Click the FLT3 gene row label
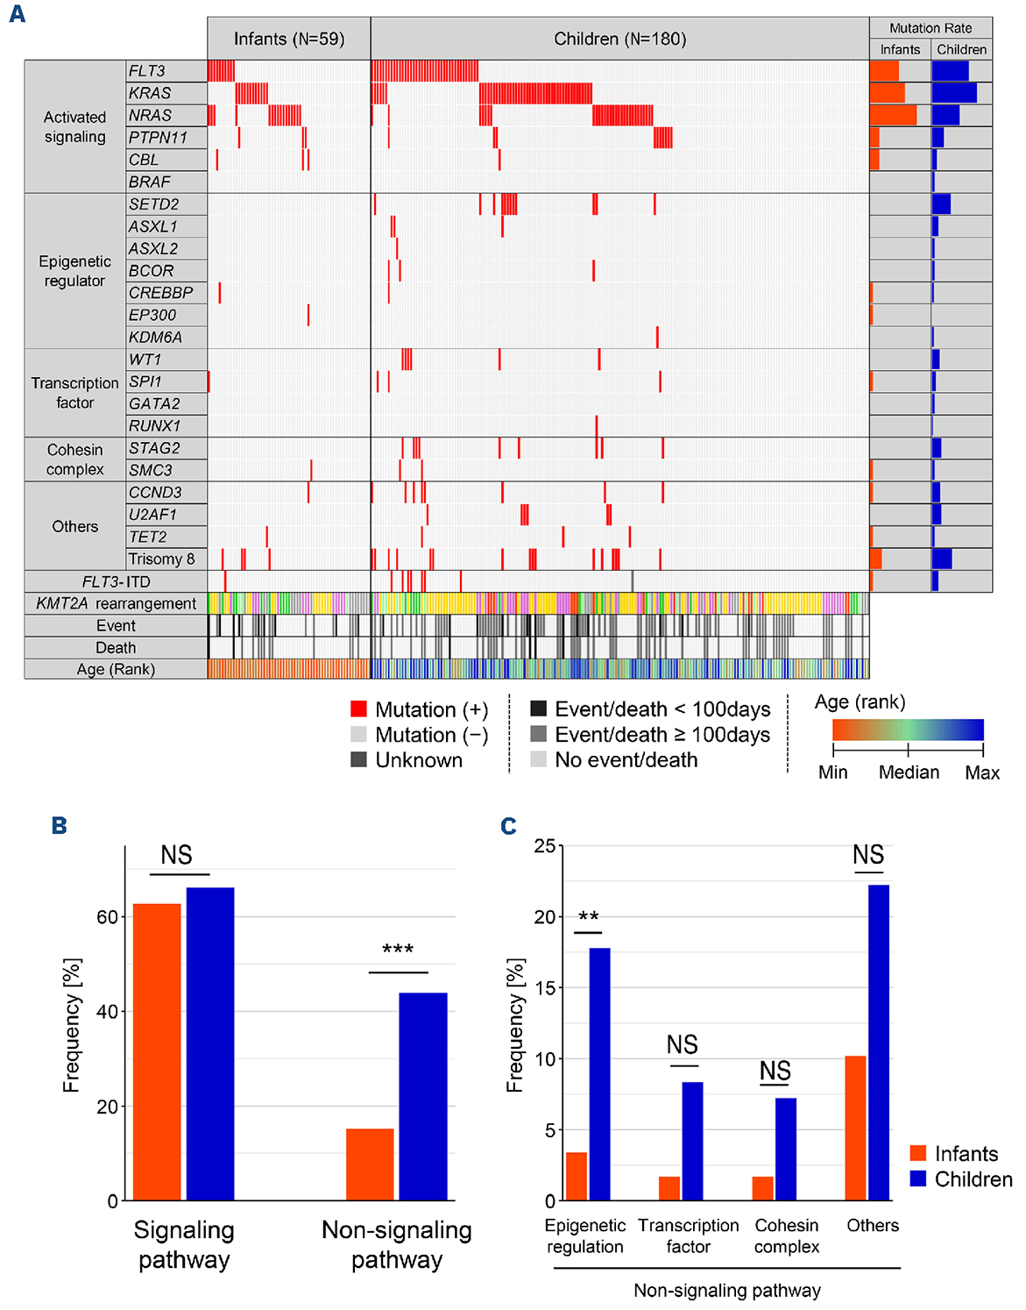coord(147,71)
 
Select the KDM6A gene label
coord(155,337)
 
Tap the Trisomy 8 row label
coord(162,559)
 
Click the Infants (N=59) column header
coord(289,39)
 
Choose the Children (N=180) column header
coord(619,39)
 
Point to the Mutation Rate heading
coord(930,28)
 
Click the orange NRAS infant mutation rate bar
coord(893,115)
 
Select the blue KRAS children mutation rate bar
coord(954,93)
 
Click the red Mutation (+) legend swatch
coord(358,709)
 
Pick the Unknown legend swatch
coord(358,759)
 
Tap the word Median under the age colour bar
coord(909,772)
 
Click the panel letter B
coord(60,826)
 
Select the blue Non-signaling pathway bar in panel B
coord(423,1096)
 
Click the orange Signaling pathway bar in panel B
coord(157,1051)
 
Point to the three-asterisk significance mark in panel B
coord(398,950)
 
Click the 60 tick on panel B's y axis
coord(107,917)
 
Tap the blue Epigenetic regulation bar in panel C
coord(599,1074)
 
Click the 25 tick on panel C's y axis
coord(544,846)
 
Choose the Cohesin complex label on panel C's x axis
coord(787,1235)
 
